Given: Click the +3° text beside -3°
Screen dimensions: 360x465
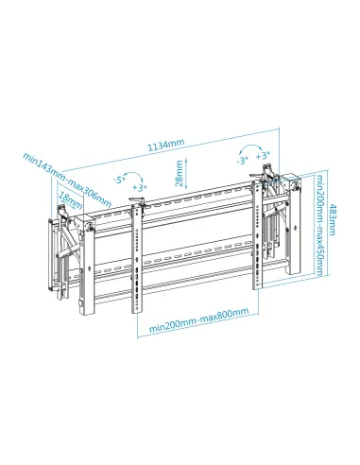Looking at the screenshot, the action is [264, 154].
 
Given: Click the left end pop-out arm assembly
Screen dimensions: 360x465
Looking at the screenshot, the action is [62, 255].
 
